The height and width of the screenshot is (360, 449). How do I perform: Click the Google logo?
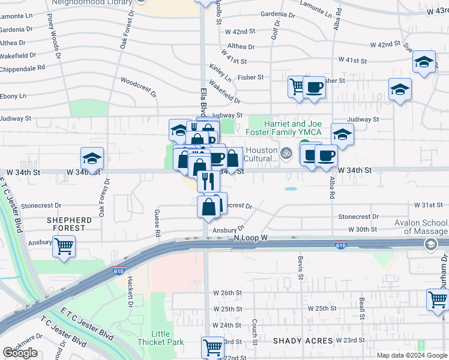tap(20, 353)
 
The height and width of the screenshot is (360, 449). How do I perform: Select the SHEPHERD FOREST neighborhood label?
tap(70, 224)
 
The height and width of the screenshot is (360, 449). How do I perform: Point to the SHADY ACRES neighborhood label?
tap(303, 341)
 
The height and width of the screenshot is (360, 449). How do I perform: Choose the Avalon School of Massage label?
tap(425, 227)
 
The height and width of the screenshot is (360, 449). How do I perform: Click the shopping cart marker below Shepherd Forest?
tap(64, 245)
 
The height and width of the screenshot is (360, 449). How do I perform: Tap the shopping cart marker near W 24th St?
tap(212, 346)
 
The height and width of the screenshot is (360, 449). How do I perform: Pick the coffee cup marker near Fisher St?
tap(314, 88)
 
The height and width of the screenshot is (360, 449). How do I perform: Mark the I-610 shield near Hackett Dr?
tap(119, 271)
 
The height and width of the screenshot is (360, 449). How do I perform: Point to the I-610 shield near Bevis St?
tap(340, 245)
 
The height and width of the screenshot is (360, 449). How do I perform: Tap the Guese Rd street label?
tap(158, 222)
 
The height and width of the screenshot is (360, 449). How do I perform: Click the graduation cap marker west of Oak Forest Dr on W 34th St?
tap(92, 158)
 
